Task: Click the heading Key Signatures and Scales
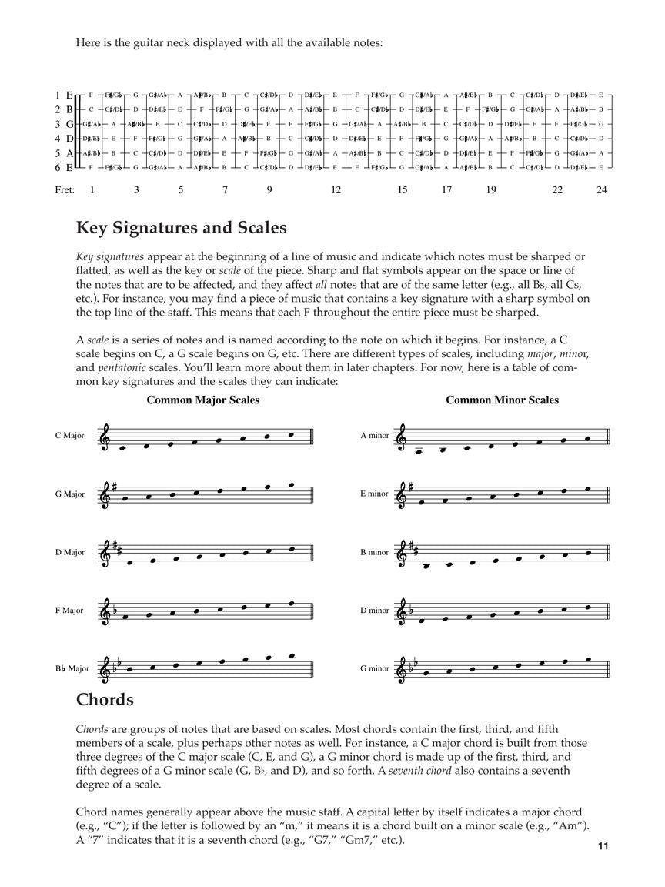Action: pyautogui.click(x=182, y=228)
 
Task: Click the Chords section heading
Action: pyautogui.click(x=105, y=699)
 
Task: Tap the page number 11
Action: pyautogui.click(x=603, y=847)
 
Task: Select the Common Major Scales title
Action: pyautogui.click(x=203, y=400)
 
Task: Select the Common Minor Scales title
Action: pyautogui.click(x=502, y=400)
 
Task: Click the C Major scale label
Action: pyautogui.click(x=69, y=436)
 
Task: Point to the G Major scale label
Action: pyautogui.click(x=69, y=494)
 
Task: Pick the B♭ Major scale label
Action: pyautogui.click(x=72, y=668)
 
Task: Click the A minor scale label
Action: pyautogui.click(x=375, y=436)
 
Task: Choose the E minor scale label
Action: pyautogui.click(x=375, y=494)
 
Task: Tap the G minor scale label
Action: pyautogui.click(x=375, y=668)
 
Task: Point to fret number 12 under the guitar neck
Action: pyautogui.click(x=336, y=189)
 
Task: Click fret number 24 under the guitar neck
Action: pyautogui.click(x=602, y=189)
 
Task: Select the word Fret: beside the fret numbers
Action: pyautogui.click(x=65, y=189)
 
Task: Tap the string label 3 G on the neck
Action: pyautogui.click(x=63, y=124)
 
